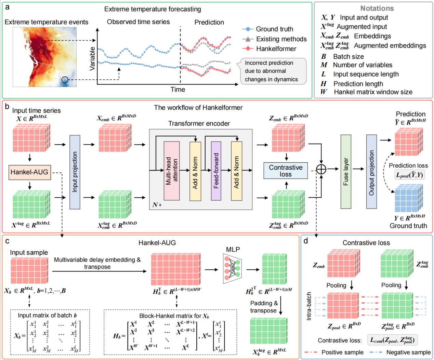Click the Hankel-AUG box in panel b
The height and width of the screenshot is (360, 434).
coord(30,172)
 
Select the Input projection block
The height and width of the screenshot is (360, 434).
coord(75,172)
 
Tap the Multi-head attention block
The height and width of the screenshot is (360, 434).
coord(172,171)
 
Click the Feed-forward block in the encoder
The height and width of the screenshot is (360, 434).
coord(216,171)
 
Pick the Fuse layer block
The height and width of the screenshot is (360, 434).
coord(346,172)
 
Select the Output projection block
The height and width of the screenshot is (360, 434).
coord(371,172)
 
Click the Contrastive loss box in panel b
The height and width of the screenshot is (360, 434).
coord(286,171)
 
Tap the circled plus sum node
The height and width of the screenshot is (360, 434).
coord(321,169)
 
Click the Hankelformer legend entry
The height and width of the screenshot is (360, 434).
coord(269,49)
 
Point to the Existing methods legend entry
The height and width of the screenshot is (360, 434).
coord(274,39)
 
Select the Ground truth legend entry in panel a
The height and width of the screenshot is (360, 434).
coord(268,29)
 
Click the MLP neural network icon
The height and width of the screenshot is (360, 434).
coord(232,268)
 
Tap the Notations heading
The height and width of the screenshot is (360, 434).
coord(377,8)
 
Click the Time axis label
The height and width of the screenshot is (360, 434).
coord(178,89)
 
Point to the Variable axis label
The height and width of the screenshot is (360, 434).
coord(92,58)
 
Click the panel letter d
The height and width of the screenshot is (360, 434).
coord(305,241)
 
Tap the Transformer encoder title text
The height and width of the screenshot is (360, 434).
coord(199,123)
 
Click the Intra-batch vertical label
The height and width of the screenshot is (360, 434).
coord(309,306)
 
